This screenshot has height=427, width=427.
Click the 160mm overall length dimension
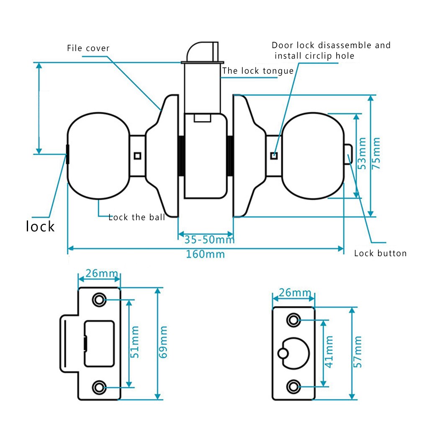coord(206,254)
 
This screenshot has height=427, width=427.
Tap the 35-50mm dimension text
coord(209,240)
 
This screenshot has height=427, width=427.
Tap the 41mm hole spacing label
coord(329,352)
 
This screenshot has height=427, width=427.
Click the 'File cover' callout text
coord(88,49)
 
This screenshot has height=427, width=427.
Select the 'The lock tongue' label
coord(257,71)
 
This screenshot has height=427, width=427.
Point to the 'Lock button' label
coord(380,253)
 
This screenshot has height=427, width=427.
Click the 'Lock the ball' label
coord(136,217)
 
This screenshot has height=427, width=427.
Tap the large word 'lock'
coord(40,226)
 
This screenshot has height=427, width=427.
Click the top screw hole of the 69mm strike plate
coord(99,299)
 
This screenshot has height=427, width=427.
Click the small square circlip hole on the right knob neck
coord(274,156)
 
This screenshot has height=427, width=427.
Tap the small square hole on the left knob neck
coord(137,156)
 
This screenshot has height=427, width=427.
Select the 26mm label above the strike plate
coord(98,273)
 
